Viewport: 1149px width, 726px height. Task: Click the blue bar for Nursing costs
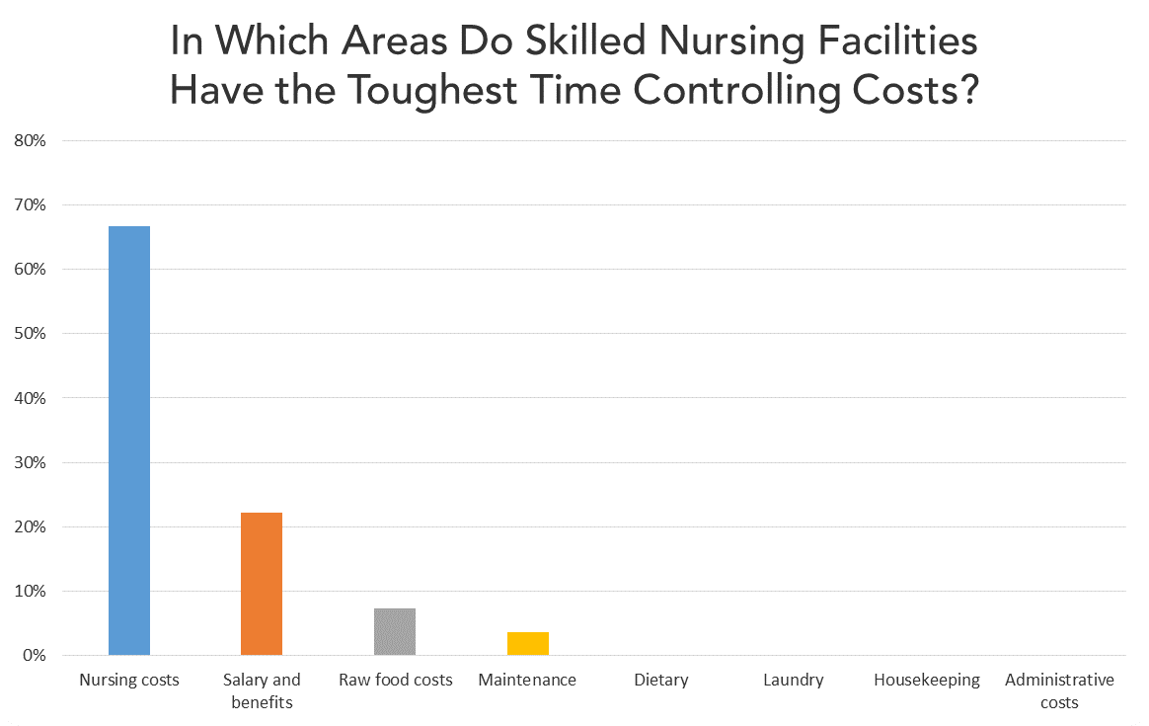point(129,441)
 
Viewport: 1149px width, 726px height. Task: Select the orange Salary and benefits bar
point(262,584)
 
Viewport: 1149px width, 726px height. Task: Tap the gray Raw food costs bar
point(395,631)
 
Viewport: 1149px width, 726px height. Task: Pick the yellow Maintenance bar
point(528,643)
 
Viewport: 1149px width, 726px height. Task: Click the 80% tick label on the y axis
point(30,140)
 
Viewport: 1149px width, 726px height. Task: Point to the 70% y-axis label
point(30,205)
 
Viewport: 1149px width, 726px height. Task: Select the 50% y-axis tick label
point(30,334)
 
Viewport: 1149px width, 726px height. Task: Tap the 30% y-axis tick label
point(30,463)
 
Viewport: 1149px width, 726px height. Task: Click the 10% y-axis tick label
point(30,592)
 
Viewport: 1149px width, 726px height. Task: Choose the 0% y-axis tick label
point(34,656)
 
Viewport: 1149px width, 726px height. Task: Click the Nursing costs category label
point(129,680)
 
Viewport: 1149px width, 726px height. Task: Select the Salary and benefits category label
point(262,690)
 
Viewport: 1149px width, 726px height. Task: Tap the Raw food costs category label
point(395,680)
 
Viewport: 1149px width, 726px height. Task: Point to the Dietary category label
point(660,680)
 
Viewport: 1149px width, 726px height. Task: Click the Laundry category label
point(793,680)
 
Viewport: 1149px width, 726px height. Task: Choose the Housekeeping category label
point(926,680)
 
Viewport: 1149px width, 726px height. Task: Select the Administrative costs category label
point(1059,690)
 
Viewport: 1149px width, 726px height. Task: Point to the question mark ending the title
point(967,90)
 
